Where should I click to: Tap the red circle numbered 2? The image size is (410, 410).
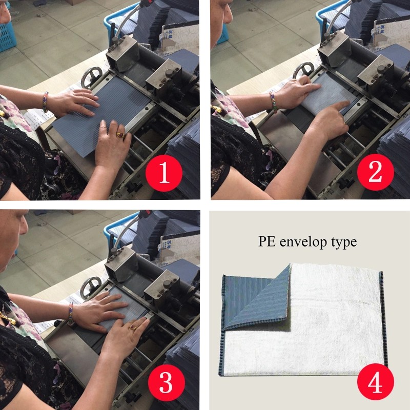coord(375,173)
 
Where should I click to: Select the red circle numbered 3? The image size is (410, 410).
coord(165,382)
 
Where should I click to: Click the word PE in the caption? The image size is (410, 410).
coord(266,241)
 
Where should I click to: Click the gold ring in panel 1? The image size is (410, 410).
coord(120,135)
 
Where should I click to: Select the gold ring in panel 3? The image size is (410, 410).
coord(133,327)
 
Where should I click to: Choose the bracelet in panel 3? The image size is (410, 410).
coord(71,313)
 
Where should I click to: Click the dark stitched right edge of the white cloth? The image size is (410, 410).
coord(381,318)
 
